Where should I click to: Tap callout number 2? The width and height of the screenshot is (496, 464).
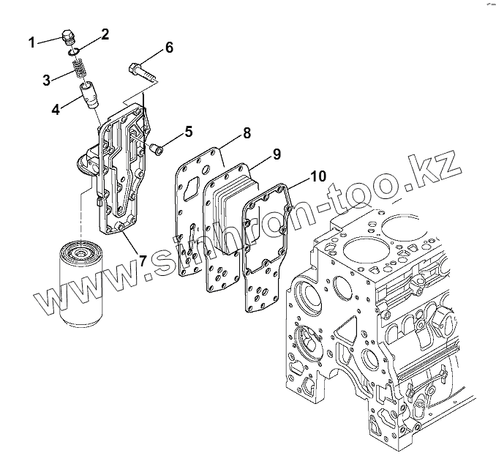point(105,34)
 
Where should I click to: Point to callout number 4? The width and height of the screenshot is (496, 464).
point(55,111)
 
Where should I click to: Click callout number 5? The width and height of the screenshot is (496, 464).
point(188,132)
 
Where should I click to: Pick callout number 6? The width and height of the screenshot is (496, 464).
point(169,48)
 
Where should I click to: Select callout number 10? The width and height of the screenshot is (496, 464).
point(318,176)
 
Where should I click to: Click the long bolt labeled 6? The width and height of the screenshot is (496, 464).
point(146,72)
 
